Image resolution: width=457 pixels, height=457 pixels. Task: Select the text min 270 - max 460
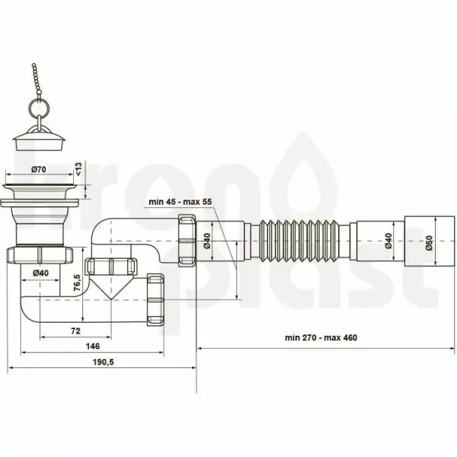click(321, 337)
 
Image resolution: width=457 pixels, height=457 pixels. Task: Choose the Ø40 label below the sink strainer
click(40, 273)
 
